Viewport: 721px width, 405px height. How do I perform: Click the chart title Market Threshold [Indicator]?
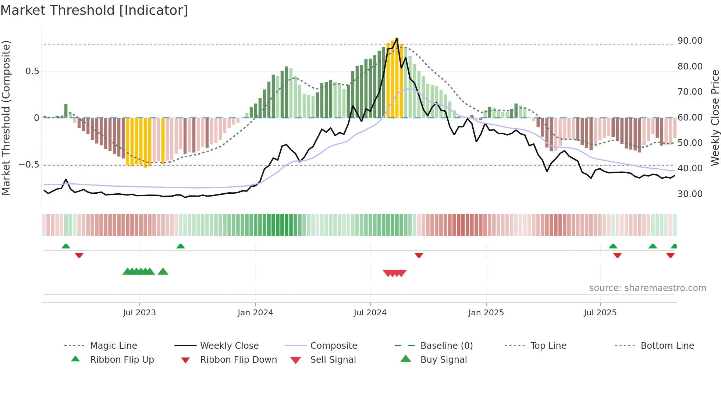94,10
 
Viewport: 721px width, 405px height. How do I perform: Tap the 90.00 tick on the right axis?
690,41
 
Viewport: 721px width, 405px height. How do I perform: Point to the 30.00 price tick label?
690,194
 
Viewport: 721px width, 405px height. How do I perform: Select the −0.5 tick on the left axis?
29,164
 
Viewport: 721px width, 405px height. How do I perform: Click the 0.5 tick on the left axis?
32,71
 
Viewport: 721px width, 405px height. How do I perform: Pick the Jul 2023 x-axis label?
139,313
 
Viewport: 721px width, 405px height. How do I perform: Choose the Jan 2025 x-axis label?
486,313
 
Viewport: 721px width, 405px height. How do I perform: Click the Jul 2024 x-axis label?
370,313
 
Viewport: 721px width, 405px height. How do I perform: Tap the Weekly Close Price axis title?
715,118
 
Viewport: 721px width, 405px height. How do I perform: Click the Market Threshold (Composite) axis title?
6,118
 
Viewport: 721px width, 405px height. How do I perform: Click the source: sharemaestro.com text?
647,288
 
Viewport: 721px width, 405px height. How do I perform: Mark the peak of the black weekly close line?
397,38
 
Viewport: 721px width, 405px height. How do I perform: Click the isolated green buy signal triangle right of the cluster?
163,272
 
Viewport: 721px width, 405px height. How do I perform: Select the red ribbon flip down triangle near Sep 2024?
419,255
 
